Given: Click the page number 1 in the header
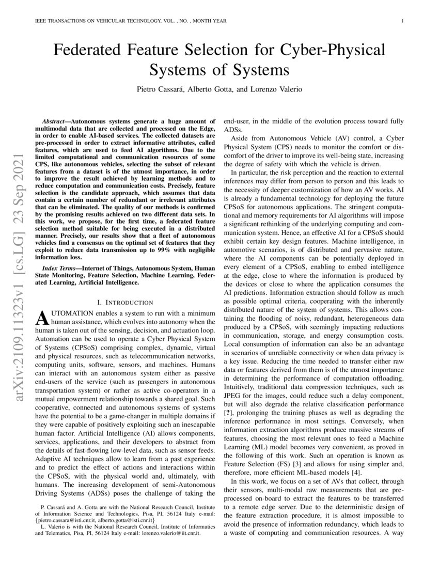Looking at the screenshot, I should tap(401, 21).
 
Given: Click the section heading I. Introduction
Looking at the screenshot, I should tap(126, 302).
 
